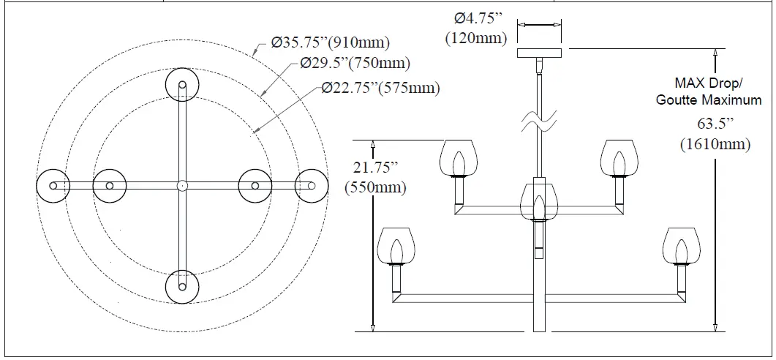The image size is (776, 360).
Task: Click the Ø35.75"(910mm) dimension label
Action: tap(331, 42)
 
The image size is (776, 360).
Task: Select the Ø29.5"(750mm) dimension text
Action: tap(355, 64)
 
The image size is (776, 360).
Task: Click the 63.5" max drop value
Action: tap(715, 124)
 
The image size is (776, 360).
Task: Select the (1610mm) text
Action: tap(715, 144)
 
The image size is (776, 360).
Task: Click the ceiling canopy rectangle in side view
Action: tap(540, 53)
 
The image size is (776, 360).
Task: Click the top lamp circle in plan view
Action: tap(183, 86)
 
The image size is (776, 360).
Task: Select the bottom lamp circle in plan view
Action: tap(183, 286)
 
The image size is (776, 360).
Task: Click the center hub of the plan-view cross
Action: tap(183, 186)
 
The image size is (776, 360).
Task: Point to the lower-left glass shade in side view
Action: tap(396, 247)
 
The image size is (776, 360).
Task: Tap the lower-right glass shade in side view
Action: tap(682, 247)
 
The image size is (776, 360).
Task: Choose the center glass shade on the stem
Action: tap(539, 201)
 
